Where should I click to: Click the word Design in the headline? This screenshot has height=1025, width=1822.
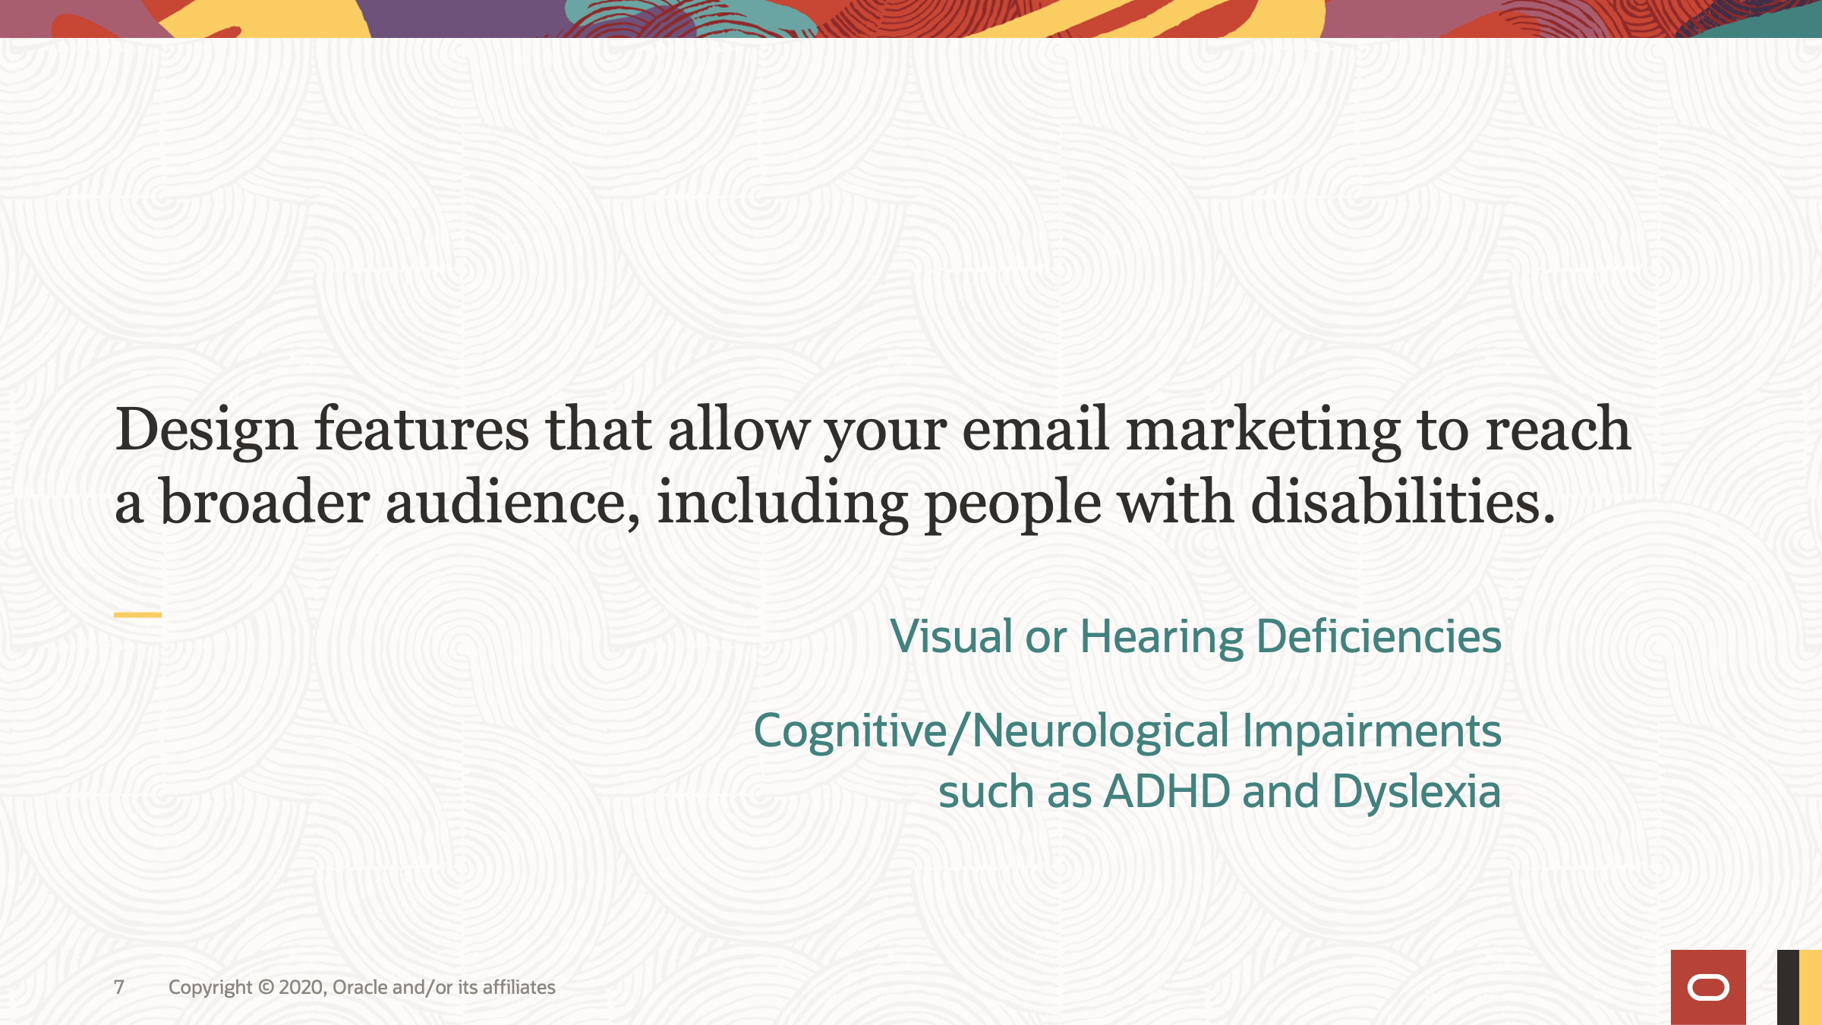205,430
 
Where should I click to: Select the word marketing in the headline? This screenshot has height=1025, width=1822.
1262,430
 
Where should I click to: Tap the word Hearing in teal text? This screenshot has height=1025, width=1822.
1162,638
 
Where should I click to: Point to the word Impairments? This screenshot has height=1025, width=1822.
1371,732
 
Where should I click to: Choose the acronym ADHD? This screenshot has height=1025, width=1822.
1166,792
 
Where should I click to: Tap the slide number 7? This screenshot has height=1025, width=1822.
119,987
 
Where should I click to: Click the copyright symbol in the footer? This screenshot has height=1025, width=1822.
266,987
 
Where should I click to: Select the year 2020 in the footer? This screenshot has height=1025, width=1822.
302,987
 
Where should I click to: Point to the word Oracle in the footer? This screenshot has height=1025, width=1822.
360,987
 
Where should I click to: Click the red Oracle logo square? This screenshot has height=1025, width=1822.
1708,987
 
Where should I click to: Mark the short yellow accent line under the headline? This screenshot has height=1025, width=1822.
137,614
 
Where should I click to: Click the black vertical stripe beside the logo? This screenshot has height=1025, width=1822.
1788,987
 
